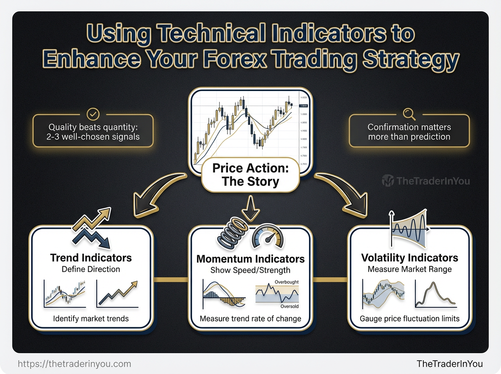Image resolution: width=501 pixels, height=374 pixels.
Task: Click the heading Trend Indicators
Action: (91, 258)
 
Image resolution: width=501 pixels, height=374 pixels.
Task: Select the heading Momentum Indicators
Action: (250, 259)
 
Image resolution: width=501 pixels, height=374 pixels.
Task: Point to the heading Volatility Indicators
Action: (410, 258)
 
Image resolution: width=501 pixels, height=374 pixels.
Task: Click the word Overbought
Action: (286, 282)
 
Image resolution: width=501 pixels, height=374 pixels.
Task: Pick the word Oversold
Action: (289, 307)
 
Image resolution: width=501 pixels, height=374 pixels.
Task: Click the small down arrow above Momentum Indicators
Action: (250, 210)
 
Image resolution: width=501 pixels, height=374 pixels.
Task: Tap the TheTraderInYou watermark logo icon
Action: (388, 181)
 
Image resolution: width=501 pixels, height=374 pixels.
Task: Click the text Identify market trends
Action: (91, 319)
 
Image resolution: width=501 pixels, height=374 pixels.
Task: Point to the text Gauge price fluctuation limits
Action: (410, 319)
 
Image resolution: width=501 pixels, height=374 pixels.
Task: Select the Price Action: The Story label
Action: (250, 175)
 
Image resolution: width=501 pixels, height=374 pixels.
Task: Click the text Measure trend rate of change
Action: (250, 319)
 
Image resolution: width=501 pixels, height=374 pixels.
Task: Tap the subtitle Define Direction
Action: (91, 269)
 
